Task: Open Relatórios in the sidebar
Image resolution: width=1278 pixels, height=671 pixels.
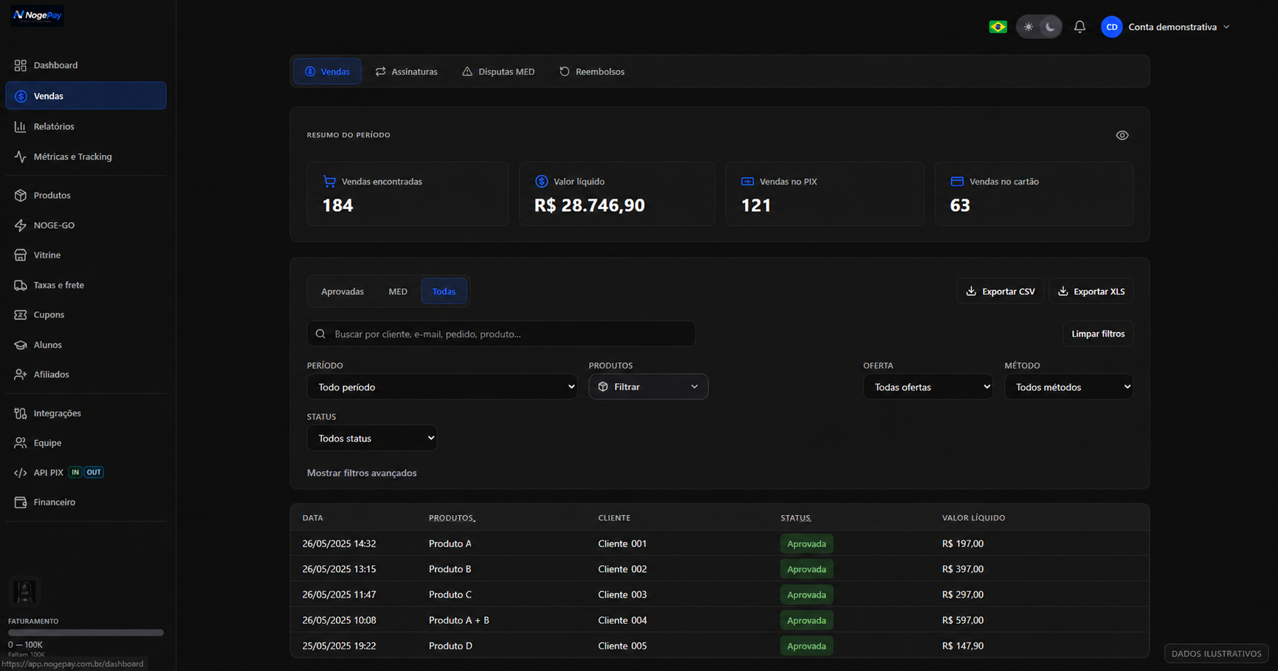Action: tap(54, 126)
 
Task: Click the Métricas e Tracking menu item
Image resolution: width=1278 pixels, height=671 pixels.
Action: tap(72, 156)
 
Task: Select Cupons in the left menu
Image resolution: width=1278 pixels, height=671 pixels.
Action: tap(49, 314)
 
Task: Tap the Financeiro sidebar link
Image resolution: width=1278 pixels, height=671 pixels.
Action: tap(54, 502)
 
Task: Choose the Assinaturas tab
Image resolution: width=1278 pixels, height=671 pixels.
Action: tap(406, 72)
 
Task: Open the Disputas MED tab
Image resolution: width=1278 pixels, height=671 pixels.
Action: tap(498, 72)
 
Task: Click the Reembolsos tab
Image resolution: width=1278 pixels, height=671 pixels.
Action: tap(592, 72)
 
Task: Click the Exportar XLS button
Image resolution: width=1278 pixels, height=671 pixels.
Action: tap(1091, 292)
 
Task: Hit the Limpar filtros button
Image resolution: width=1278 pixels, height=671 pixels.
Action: tap(1098, 334)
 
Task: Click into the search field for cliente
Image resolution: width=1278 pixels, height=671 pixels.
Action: tap(501, 334)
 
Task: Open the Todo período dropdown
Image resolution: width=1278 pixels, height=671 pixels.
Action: tap(442, 387)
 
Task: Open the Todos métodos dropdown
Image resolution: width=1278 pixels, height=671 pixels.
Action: tap(1068, 387)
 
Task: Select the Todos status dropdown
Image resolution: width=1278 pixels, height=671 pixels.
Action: tap(371, 438)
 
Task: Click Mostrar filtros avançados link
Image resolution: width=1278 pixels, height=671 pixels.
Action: tap(362, 473)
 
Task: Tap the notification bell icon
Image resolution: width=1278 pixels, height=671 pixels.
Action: tap(1079, 27)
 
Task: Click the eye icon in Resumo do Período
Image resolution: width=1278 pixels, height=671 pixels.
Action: tap(1122, 135)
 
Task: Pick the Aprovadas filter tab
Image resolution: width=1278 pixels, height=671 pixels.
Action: tap(343, 292)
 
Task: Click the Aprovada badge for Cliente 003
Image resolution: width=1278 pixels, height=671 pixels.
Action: tap(806, 594)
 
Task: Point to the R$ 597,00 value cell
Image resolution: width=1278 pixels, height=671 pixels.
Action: tap(963, 620)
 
